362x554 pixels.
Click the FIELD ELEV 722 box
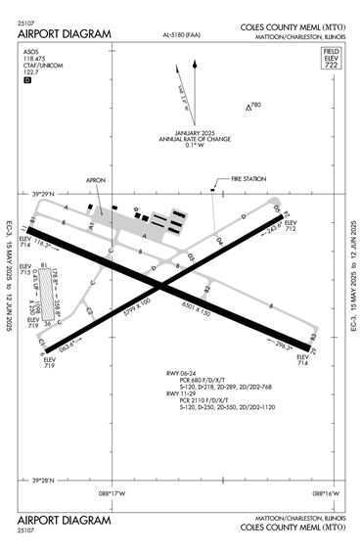331,56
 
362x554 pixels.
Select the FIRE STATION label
249,179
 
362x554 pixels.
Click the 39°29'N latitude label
45,194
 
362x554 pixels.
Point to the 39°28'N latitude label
45,480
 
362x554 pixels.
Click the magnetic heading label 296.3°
284,346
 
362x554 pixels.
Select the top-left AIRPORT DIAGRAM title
64,33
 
